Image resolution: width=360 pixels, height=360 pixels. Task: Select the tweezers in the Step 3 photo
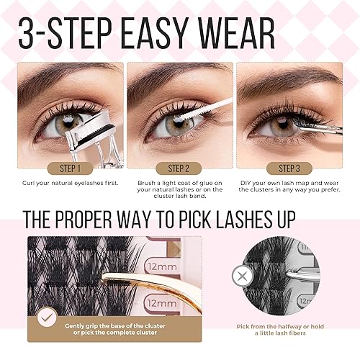317,127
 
